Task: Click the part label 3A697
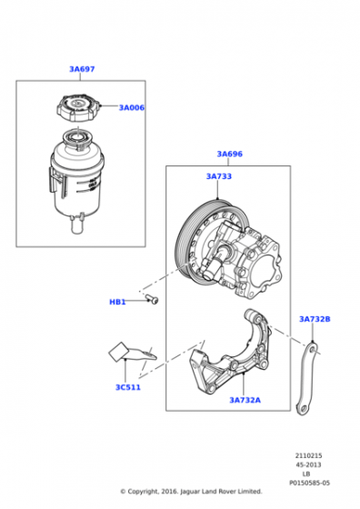pyautogui.click(x=82, y=69)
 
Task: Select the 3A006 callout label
pyautogui.click(x=132, y=108)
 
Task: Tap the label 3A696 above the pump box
pyautogui.click(x=229, y=154)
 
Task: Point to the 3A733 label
pyautogui.click(x=219, y=176)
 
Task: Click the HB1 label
pyautogui.click(x=117, y=302)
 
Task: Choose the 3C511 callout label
pyautogui.click(x=128, y=387)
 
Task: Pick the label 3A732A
pyautogui.click(x=245, y=400)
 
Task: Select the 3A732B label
pyautogui.click(x=315, y=319)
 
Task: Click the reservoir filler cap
pyautogui.click(x=79, y=108)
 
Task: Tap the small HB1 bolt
pyautogui.click(x=152, y=299)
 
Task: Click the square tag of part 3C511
pyautogui.click(x=118, y=352)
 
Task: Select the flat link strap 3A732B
pyautogui.click(x=306, y=379)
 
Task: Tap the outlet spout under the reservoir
pyautogui.click(x=77, y=224)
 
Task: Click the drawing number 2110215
pyautogui.click(x=308, y=455)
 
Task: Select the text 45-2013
pyautogui.click(x=308, y=464)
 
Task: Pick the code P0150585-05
pyautogui.click(x=309, y=483)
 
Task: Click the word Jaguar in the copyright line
pyautogui.click(x=191, y=492)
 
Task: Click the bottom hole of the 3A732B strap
pyautogui.click(x=304, y=409)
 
